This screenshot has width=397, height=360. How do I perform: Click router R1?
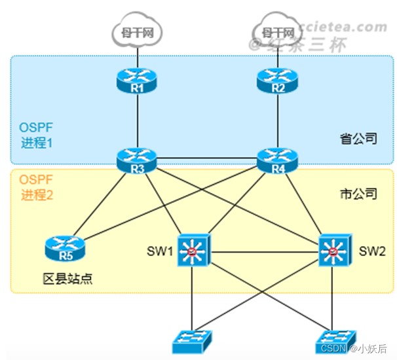(x=137, y=81)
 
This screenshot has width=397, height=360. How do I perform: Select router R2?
(x=278, y=81)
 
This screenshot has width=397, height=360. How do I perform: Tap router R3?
(x=137, y=158)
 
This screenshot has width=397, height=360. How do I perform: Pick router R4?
(x=278, y=158)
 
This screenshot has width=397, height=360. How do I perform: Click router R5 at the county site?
(x=65, y=248)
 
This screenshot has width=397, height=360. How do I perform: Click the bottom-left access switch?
(x=191, y=340)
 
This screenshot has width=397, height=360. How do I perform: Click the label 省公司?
(x=358, y=138)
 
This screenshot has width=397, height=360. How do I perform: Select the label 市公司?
(x=358, y=194)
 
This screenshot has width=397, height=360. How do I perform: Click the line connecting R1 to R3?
(x=137, y=118)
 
